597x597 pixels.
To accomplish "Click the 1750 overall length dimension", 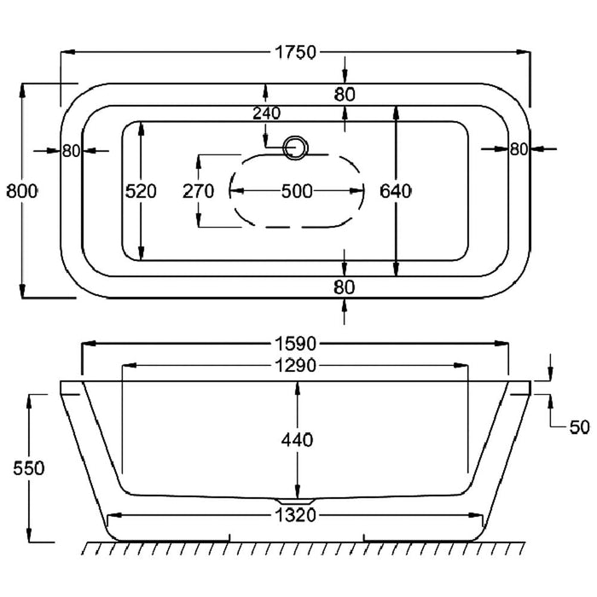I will pos(295,52).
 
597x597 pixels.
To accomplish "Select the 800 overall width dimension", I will pos(21,191).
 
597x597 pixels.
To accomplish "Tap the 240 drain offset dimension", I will pos(266,112).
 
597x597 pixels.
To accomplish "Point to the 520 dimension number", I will pos(141,191).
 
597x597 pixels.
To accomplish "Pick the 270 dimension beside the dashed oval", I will pos(198,191).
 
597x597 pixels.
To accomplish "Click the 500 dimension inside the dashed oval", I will pos(296,191).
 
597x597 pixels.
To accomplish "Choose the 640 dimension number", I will pos(397,191).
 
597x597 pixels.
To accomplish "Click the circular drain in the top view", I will pos(296,147).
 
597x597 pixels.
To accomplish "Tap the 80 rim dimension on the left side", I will pos(70,151).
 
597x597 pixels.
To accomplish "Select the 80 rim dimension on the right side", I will pos(519,149).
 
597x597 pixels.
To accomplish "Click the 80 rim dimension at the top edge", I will pos(345,95).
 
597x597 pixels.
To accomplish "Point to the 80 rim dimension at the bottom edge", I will pos(345,287).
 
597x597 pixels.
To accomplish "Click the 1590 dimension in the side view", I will pos(295,345).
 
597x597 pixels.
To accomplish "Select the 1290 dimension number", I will pos(295,366).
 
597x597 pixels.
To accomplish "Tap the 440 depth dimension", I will pos(296,440).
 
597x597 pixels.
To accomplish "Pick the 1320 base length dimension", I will pos(295,515).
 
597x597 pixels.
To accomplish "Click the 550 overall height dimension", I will pos(29,468).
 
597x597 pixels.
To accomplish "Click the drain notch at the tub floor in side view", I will pos(296,498).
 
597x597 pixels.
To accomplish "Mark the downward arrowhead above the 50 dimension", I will pos(549,376).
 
